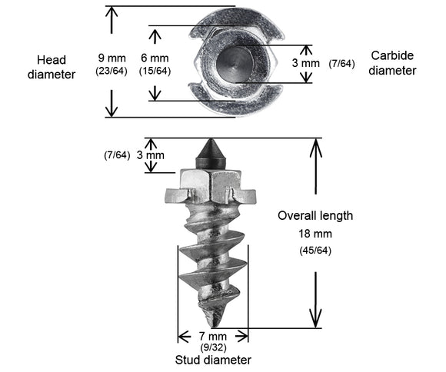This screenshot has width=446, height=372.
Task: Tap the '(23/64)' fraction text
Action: (111, 71)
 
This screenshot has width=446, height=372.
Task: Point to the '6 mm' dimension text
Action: (154, 58)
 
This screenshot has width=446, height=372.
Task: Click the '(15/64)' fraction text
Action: (155, 71)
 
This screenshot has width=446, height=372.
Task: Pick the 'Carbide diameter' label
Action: (393, 62)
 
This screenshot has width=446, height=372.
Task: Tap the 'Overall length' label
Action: (315, 215)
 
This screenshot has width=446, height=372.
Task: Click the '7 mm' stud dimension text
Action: (212, 336)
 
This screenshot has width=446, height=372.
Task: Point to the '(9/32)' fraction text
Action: (212, 347)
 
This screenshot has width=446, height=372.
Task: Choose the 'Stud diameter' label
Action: (212, 359)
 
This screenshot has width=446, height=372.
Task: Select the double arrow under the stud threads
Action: (212, 336)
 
